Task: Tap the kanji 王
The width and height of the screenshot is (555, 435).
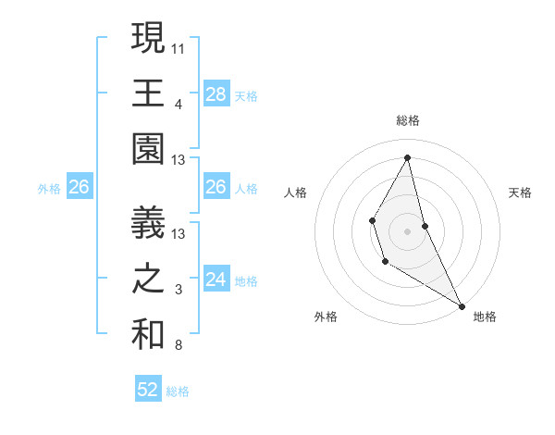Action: tap(148, 93)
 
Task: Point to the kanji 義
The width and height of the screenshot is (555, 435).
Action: tap(148, 222)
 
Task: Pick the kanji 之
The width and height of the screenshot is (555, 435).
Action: tap(148, 280)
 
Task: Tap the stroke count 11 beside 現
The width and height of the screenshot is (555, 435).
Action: tap(178, 46)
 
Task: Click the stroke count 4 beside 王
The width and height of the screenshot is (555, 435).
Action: tap(178, 104)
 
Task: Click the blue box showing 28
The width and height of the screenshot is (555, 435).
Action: tap(216, 93)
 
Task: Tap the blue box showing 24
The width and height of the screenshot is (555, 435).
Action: tap(216, 280)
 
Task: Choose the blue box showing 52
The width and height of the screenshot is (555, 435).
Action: tap(148, 390)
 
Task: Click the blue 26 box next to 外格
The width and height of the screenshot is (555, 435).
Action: tap(80, 187)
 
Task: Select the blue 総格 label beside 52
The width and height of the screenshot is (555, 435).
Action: tap(178, 391)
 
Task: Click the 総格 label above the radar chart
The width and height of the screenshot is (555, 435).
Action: tap(407, 120)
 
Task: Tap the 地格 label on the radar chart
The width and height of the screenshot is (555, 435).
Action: tap(485, 317)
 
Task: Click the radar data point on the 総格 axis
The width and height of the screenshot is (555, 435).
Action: tap(407, 156)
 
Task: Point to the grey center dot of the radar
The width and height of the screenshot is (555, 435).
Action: tap(407, 230)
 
